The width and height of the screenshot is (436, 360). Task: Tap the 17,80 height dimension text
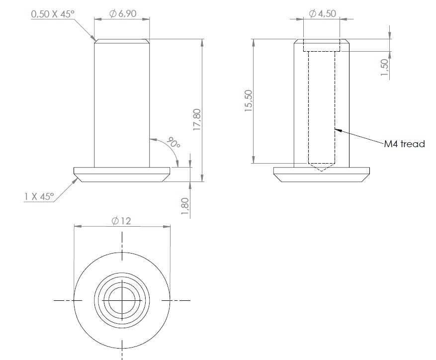(197, 120)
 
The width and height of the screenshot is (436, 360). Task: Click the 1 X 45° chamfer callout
(38, 196)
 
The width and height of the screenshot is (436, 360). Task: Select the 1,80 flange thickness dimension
(185, 206)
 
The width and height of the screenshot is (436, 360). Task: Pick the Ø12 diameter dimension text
(121, 221)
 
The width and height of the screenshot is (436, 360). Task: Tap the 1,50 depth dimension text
(384, 68)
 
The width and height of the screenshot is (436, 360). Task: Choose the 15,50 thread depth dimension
(249, 101)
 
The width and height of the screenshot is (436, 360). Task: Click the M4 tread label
(404, 144)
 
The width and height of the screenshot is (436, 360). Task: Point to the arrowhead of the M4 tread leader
(337, 130)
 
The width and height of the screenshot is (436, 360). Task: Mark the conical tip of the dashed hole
(321, 168)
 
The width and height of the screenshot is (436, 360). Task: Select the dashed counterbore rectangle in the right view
(322, 46)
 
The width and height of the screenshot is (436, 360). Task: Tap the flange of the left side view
(122, 175)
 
